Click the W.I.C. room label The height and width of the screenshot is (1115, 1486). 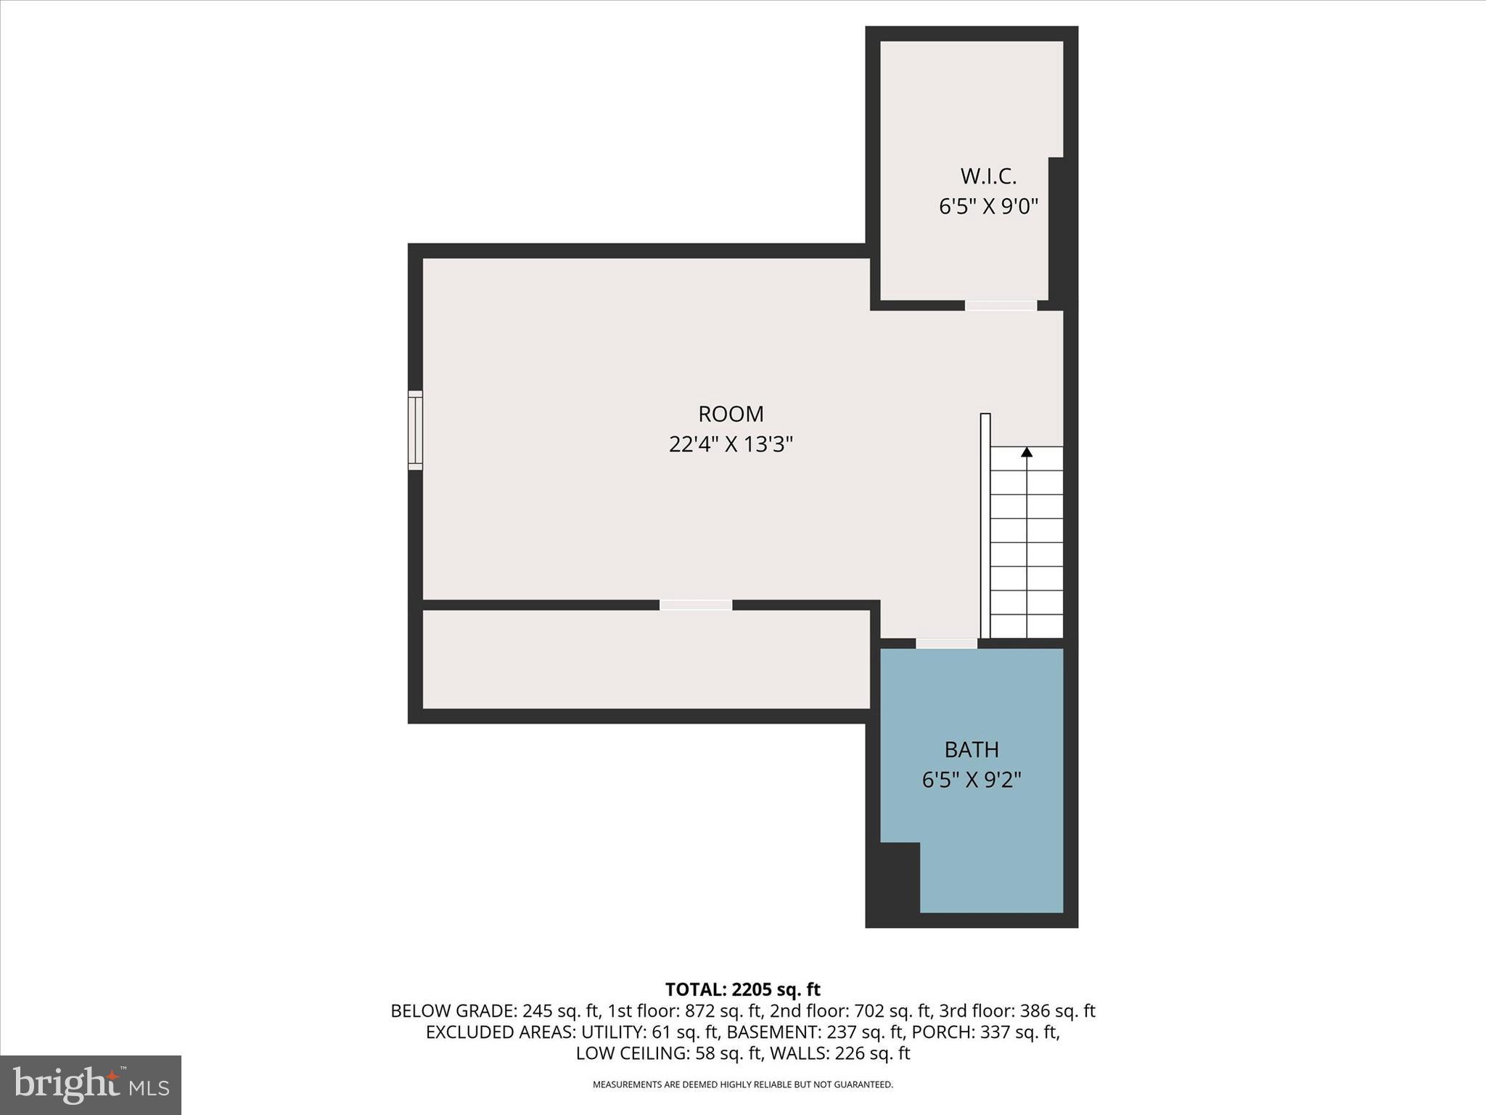coord(988,176)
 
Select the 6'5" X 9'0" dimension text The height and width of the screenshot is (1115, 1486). coord(988,207)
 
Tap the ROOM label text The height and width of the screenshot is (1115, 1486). coord(731,414)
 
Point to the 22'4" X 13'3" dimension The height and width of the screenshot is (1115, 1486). coord(731,444)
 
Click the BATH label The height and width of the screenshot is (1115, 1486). coord(972,749)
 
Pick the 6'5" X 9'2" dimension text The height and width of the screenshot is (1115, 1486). coord(972,780)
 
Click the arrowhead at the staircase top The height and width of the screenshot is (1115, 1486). coord(1027,452)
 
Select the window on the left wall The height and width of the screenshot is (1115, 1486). coord(415,430)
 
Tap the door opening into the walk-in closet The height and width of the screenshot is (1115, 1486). coord(1001,306)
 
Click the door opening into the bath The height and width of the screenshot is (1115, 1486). coord(946,643)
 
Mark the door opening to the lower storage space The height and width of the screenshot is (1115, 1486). coord(696,605)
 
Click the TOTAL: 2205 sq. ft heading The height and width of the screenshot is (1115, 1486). coord(742,989)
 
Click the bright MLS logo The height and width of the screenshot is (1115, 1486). coord(91,1085)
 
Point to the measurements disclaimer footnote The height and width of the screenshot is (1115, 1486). coord(742,1085)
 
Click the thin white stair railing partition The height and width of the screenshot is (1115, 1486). coord(985,526)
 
